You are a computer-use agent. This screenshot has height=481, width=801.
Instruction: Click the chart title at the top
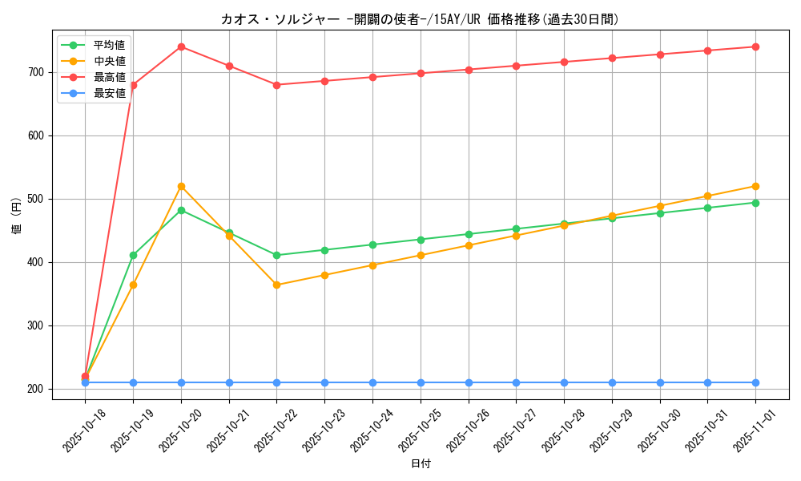pyautogui.click(x=420, y=19)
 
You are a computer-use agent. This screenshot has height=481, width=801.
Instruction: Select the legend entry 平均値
pyautogui.click(x=109, y=45)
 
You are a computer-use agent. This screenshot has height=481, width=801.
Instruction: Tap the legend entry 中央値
pyautogui.click(x=109, y=61)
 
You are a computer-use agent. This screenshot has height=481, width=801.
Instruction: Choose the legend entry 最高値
pyautogui.click(x=109, y=77)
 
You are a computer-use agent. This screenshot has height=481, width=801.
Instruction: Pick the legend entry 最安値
pyautogui.click(x=109, y=93)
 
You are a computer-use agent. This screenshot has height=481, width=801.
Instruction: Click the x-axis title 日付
pyautogui.click(x=421, y=464)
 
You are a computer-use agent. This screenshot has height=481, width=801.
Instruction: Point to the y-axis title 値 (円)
pyautogui.click(x=17, y=216)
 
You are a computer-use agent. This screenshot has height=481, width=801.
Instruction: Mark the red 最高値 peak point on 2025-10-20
pyautogui.click(x=181, y=46)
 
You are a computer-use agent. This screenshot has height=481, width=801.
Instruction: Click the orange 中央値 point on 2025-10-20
pyautogui.click(x=181, y=186)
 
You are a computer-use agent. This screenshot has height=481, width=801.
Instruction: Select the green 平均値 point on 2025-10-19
pyautogui.click(x=133, y=255)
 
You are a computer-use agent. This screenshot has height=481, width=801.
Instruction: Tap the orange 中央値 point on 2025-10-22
pyautogui.click(x=276, y=285)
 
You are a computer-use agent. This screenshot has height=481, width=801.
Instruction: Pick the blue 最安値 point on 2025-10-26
pyautogui.click(x=469, y=382)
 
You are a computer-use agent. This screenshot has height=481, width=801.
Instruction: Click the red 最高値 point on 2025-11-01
pyautogui.click(x=755, y=46)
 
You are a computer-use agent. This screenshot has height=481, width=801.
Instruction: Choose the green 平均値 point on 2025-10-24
pyautogui.click(x=372, y=245)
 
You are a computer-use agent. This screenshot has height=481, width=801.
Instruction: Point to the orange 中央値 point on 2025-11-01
pyautogui.click(x=755, y=186)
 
